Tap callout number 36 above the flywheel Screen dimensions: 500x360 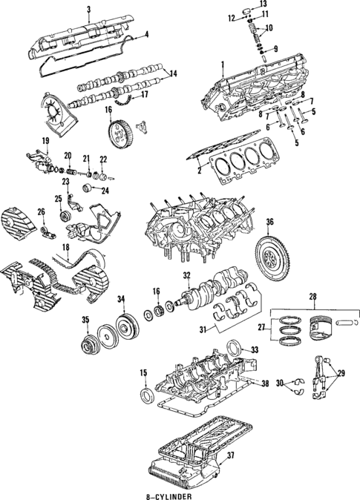click(x=270, y=221)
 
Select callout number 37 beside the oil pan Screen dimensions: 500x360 click(x=252, y=455)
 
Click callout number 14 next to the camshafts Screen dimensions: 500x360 click(x=173, y=73)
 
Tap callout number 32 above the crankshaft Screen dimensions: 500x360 click(x=187, y=275)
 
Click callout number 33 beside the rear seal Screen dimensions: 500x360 click(x=254, y=349)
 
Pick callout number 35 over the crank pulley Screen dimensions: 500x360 click(x=86, y=320)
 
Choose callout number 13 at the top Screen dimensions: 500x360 click(x=263, y=5)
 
